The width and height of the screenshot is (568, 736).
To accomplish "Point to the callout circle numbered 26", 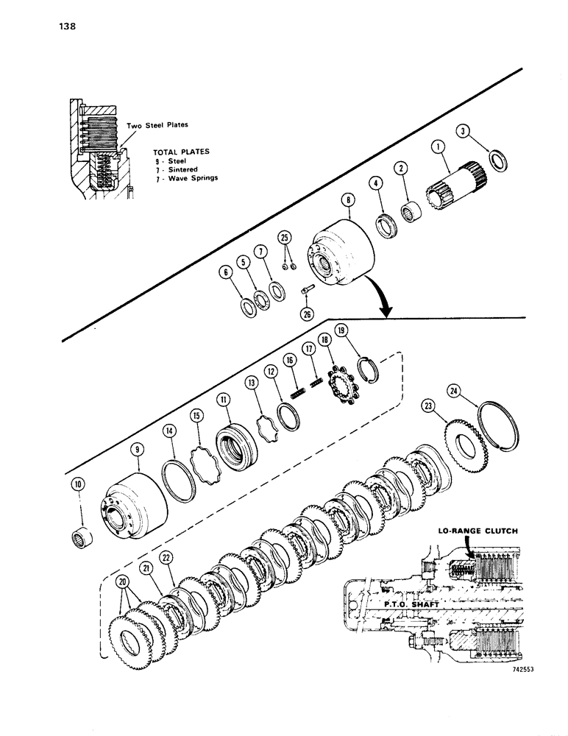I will pos(308,313).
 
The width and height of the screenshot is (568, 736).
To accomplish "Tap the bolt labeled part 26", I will pos(308,292).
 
